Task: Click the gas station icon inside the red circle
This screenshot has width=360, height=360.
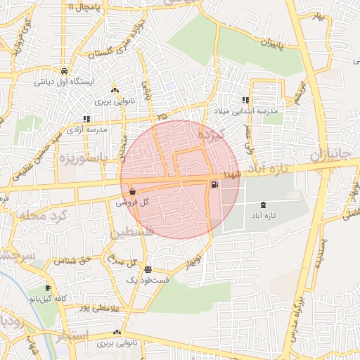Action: point(214,185)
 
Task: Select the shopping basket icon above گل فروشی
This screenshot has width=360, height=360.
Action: point(133,191)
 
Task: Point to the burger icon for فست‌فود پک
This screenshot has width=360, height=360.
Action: point(148,269)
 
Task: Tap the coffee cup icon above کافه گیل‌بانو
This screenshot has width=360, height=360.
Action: point(48,288)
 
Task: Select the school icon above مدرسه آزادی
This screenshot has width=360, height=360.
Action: point(86,119)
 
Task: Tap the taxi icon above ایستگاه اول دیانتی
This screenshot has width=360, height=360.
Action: point(64,71)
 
